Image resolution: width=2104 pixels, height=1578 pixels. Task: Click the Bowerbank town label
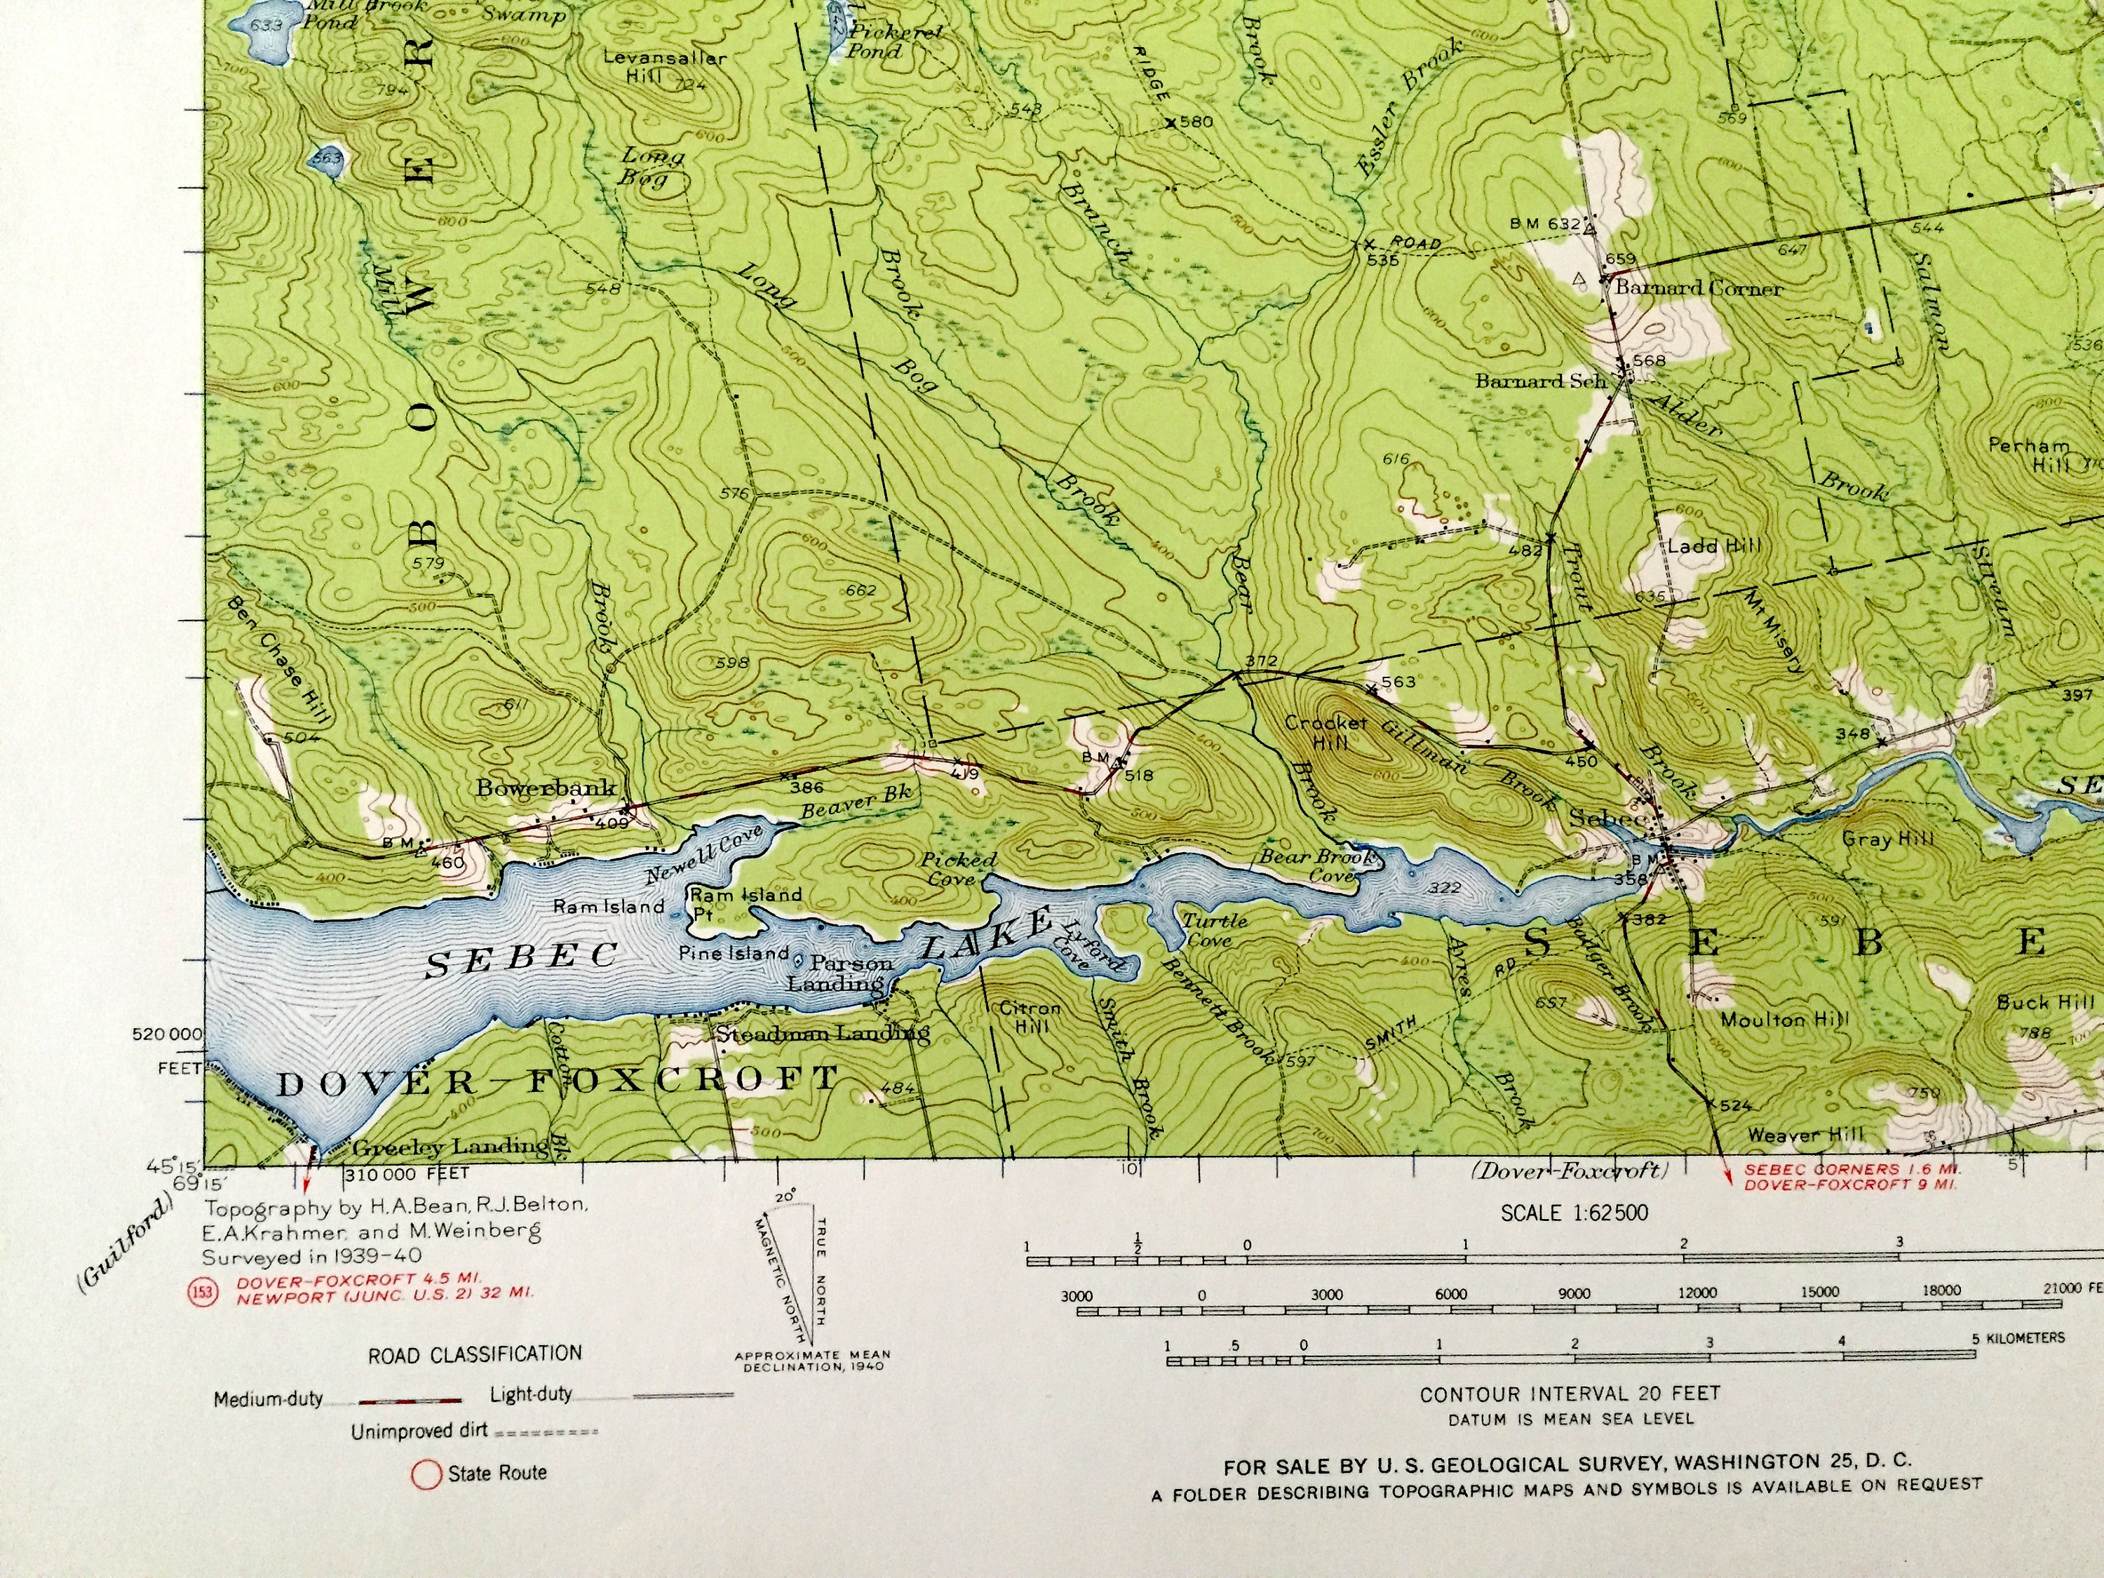click(x=546, y=788)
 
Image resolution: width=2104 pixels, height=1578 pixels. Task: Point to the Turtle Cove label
click(x=1214, y=930)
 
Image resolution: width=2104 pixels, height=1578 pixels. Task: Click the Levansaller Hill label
click(x=665, y=66)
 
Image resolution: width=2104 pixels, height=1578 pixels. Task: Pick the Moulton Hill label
click(x=1784, y=1020)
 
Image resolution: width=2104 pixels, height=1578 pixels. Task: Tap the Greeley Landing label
click(x=449, y=1146)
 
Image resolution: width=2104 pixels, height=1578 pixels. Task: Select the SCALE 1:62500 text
click(x=1574, y=1213)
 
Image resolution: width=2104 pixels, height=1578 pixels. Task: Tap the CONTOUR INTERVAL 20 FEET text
click(x=1570, y=1394)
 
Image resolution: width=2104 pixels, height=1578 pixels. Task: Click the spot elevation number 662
click(x=861, y=590)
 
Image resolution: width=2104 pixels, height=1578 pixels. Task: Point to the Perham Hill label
click(x=2028, y=454)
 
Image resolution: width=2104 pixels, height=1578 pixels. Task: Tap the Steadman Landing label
click(x=822, y=1033)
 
